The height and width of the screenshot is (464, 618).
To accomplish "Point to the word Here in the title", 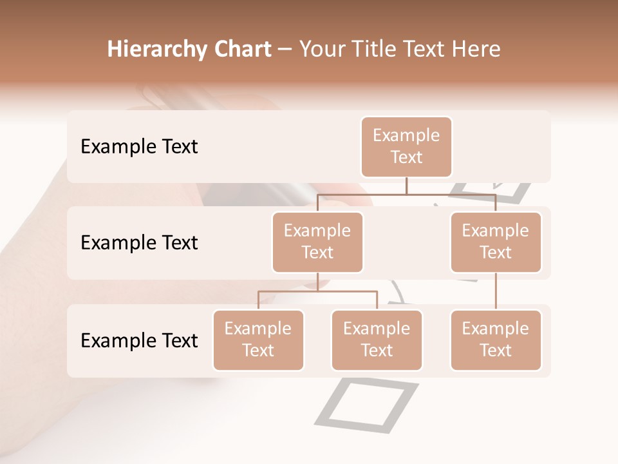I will (x=477, y=50).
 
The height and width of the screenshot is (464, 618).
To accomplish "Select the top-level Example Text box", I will (x=406, y=147).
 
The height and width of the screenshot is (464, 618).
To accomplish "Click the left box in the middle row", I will (x=317, y=242).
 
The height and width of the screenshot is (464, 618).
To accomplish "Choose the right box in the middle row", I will (x=496, y=242).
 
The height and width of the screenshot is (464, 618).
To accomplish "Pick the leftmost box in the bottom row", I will (x=258, y=340).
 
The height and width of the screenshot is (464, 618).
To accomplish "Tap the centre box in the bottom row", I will (x=377, y=340).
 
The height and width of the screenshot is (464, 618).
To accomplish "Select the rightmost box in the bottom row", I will (x=496, y=340).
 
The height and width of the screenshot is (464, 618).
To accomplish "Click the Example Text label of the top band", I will (x=139, y=147).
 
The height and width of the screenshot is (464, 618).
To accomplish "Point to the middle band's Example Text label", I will (x=139, y=243).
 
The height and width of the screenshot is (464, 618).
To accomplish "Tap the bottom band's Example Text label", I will (x=139, y=340).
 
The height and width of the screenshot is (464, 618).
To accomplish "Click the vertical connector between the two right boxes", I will (x=496, y=291).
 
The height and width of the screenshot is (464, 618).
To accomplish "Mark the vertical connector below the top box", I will (x=406, y=186).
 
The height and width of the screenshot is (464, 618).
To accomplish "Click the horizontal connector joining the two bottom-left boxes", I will (x=317, y=291).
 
